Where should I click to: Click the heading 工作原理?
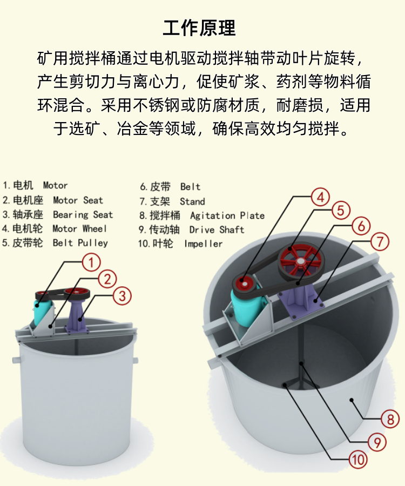pos(199,28)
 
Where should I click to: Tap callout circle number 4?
pos(320,198)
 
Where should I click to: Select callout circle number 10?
pos(358,460)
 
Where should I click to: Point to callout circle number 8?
pos(390,420)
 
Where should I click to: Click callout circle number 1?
pos(91,262)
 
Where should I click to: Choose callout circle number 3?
pos(122,296)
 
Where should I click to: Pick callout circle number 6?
pos(361,226)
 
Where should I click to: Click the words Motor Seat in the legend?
pos(78,200)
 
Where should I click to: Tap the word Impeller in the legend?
pos(203,244)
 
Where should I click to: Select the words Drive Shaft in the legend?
pos(217,230)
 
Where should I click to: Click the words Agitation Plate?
pos(227,215)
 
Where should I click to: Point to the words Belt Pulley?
pos(80,243)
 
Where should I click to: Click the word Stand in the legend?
pos(192,201)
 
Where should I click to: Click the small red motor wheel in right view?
pos(245,283)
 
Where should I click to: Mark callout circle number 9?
pos(377,442)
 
